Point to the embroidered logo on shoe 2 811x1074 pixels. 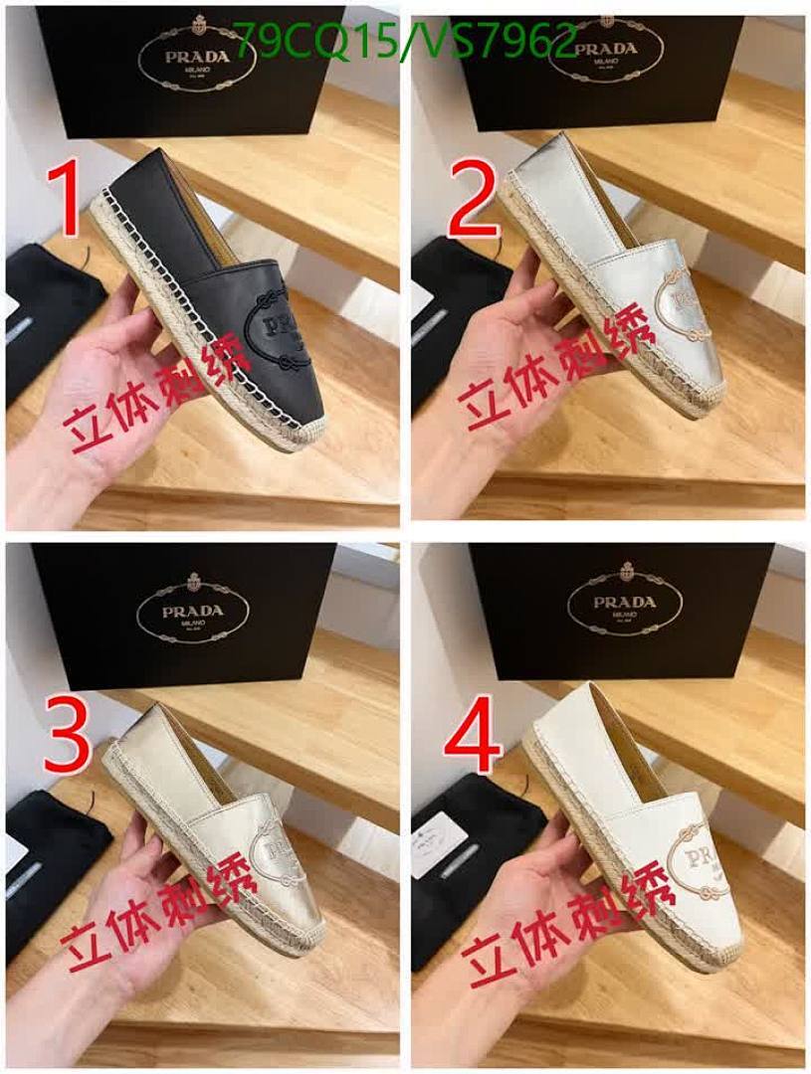point(682,307)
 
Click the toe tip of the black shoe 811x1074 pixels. point(289,438)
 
